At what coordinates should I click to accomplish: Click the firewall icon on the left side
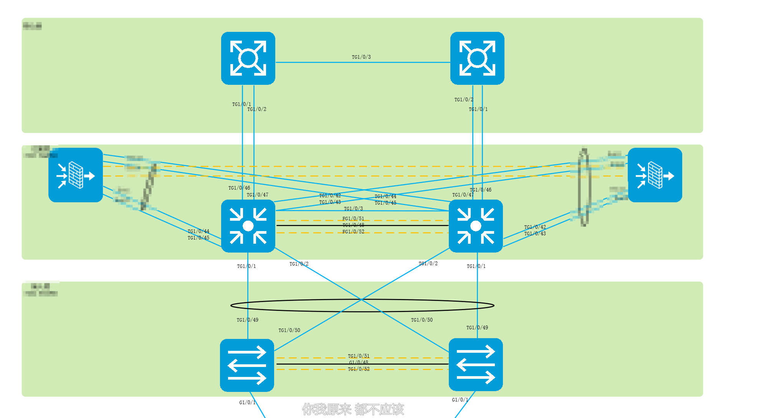click(x=76, y=175)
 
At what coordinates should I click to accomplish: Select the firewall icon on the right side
click(x=655, y=175)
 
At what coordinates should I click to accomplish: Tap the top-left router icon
click(x=248, y=58)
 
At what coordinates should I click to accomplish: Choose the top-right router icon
click(x=477, y=58)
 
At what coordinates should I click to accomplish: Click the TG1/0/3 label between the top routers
click(x=361, y=57)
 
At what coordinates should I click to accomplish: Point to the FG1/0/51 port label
click(x=353, y=219)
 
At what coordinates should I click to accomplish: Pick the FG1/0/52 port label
click(x=353, y=232)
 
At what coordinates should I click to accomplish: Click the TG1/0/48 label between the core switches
click(x=353, y=225)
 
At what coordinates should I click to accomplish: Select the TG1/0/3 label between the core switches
click(x=353, y=209)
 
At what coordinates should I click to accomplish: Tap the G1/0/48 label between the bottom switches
click(x=359, y=362)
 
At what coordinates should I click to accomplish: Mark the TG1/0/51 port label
click(x=359, y=356)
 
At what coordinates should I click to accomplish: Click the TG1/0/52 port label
click(x=359, y=369)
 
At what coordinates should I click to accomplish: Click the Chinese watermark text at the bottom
click(x=353, y=409)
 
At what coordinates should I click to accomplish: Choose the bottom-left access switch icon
click(x=247, y=365)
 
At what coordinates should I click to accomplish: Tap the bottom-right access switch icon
click(x=476, y=365)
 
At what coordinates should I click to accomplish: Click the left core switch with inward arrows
click(x=248, y=226)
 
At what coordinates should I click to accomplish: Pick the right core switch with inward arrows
click(x=476, y=226)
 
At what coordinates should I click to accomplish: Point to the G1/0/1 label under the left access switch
click(x=247, y=403)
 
